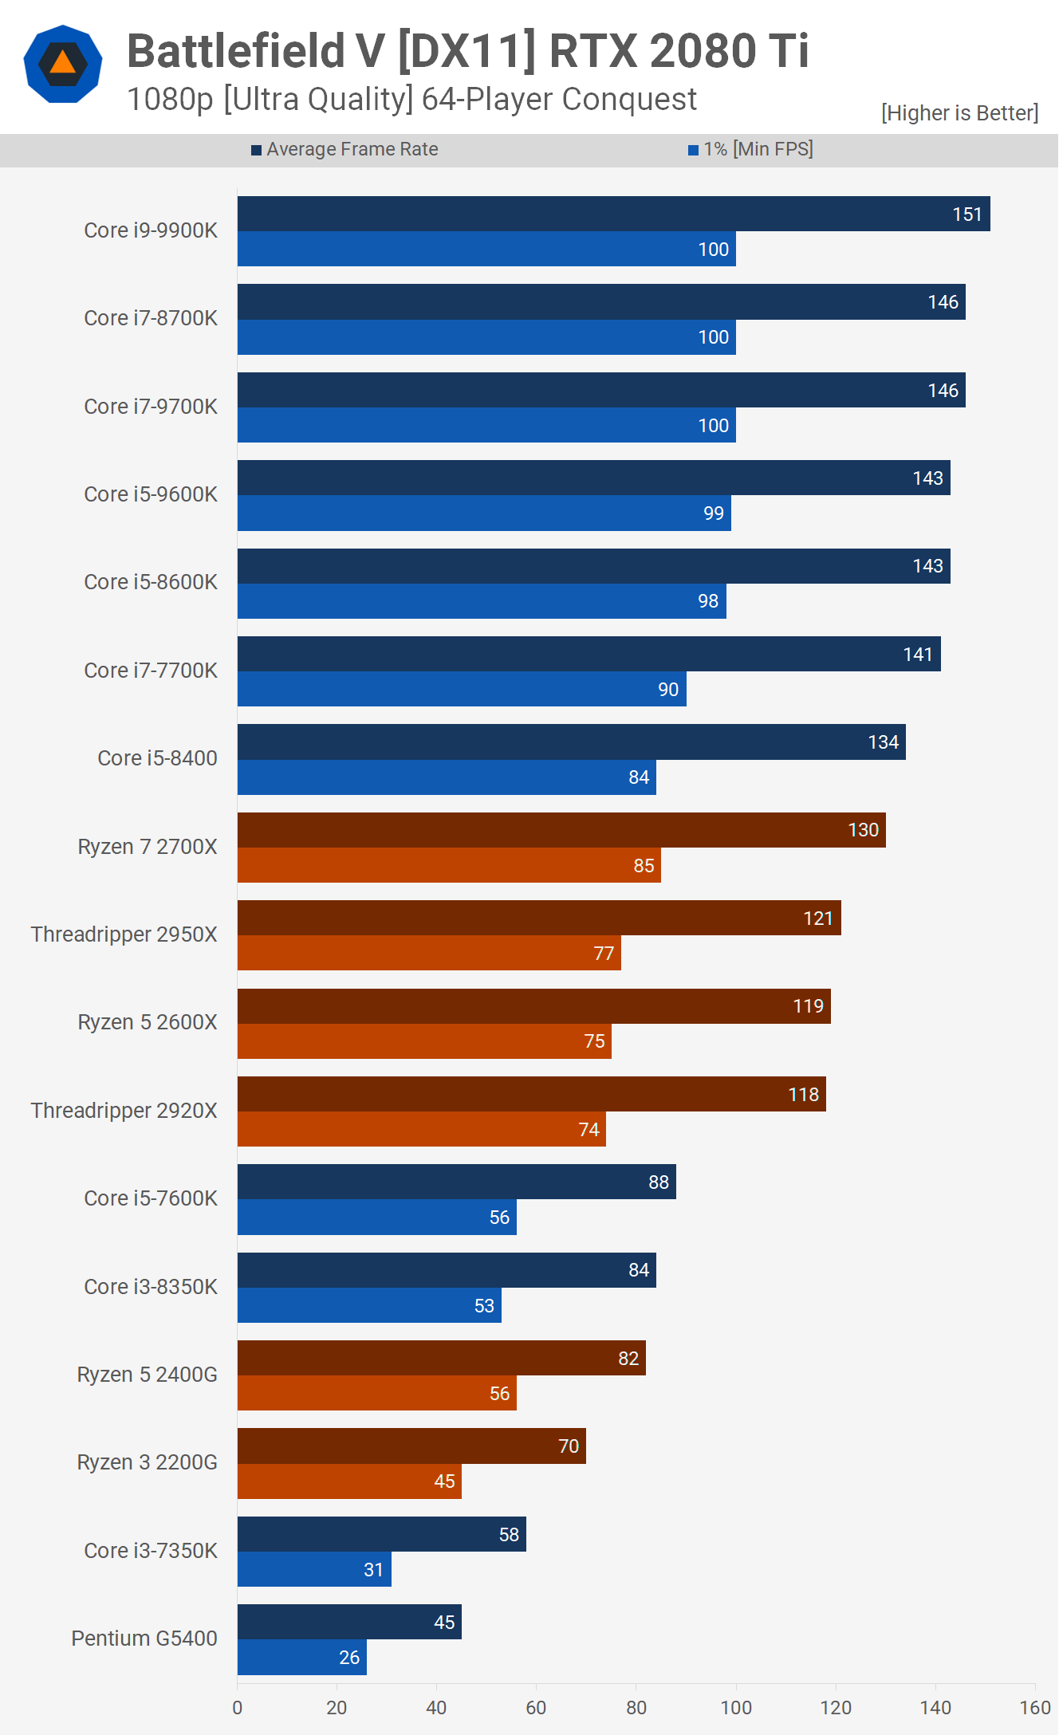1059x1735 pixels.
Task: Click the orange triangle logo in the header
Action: point(63,63)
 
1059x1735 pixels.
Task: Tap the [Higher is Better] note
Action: point(959,113)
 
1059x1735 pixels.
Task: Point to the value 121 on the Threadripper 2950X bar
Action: point(817,919)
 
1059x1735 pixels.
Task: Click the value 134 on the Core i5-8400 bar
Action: point(883,742)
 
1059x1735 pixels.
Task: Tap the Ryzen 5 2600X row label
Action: point(148,1022)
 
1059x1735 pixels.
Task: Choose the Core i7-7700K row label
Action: point(151,671)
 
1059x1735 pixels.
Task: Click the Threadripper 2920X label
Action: point(124,1111)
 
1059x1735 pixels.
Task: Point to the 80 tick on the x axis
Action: point(636,1708)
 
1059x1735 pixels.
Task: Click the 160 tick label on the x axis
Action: point(1034,1708)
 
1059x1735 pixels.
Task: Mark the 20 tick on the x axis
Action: point(337,1708)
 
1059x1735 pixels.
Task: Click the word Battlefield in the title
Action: point(236,51)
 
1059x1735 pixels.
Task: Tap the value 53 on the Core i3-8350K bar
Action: point(484,1306)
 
